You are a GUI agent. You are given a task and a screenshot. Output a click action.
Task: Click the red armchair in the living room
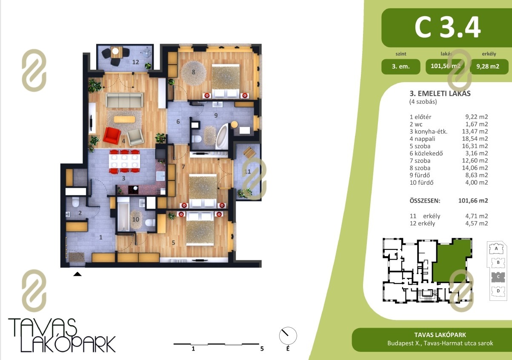coord(112,136)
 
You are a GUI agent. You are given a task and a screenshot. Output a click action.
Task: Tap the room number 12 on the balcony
coord(135,62)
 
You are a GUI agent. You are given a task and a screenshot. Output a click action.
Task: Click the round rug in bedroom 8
coord(193,73)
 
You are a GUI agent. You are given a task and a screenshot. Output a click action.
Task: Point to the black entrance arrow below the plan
coord(77,274)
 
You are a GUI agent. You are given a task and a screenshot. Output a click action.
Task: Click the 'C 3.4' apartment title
coord(448,27)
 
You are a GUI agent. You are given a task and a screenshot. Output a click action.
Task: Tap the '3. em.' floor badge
coord(400,66)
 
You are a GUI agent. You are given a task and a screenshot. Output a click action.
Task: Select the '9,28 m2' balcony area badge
coord(488,66)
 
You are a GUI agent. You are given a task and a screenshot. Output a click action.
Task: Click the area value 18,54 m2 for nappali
coord(475,139)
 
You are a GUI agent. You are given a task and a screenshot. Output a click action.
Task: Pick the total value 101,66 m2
coord(473,201)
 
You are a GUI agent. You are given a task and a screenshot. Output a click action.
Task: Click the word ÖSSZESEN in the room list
coord(425,201)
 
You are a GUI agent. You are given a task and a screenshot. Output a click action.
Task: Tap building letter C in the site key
coord(498,277)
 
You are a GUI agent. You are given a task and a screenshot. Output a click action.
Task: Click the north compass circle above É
coord(288,336)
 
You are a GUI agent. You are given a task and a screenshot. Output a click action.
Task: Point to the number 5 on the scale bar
coord(262,349)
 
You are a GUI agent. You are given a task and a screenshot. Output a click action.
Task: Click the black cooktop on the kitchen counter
coord(133,189)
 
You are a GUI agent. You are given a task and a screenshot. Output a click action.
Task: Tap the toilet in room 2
coord(75,202)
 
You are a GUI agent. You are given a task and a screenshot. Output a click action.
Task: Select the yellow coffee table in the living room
coord(124,119)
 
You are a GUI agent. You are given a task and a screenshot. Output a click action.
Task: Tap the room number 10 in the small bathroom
coord(135,220)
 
